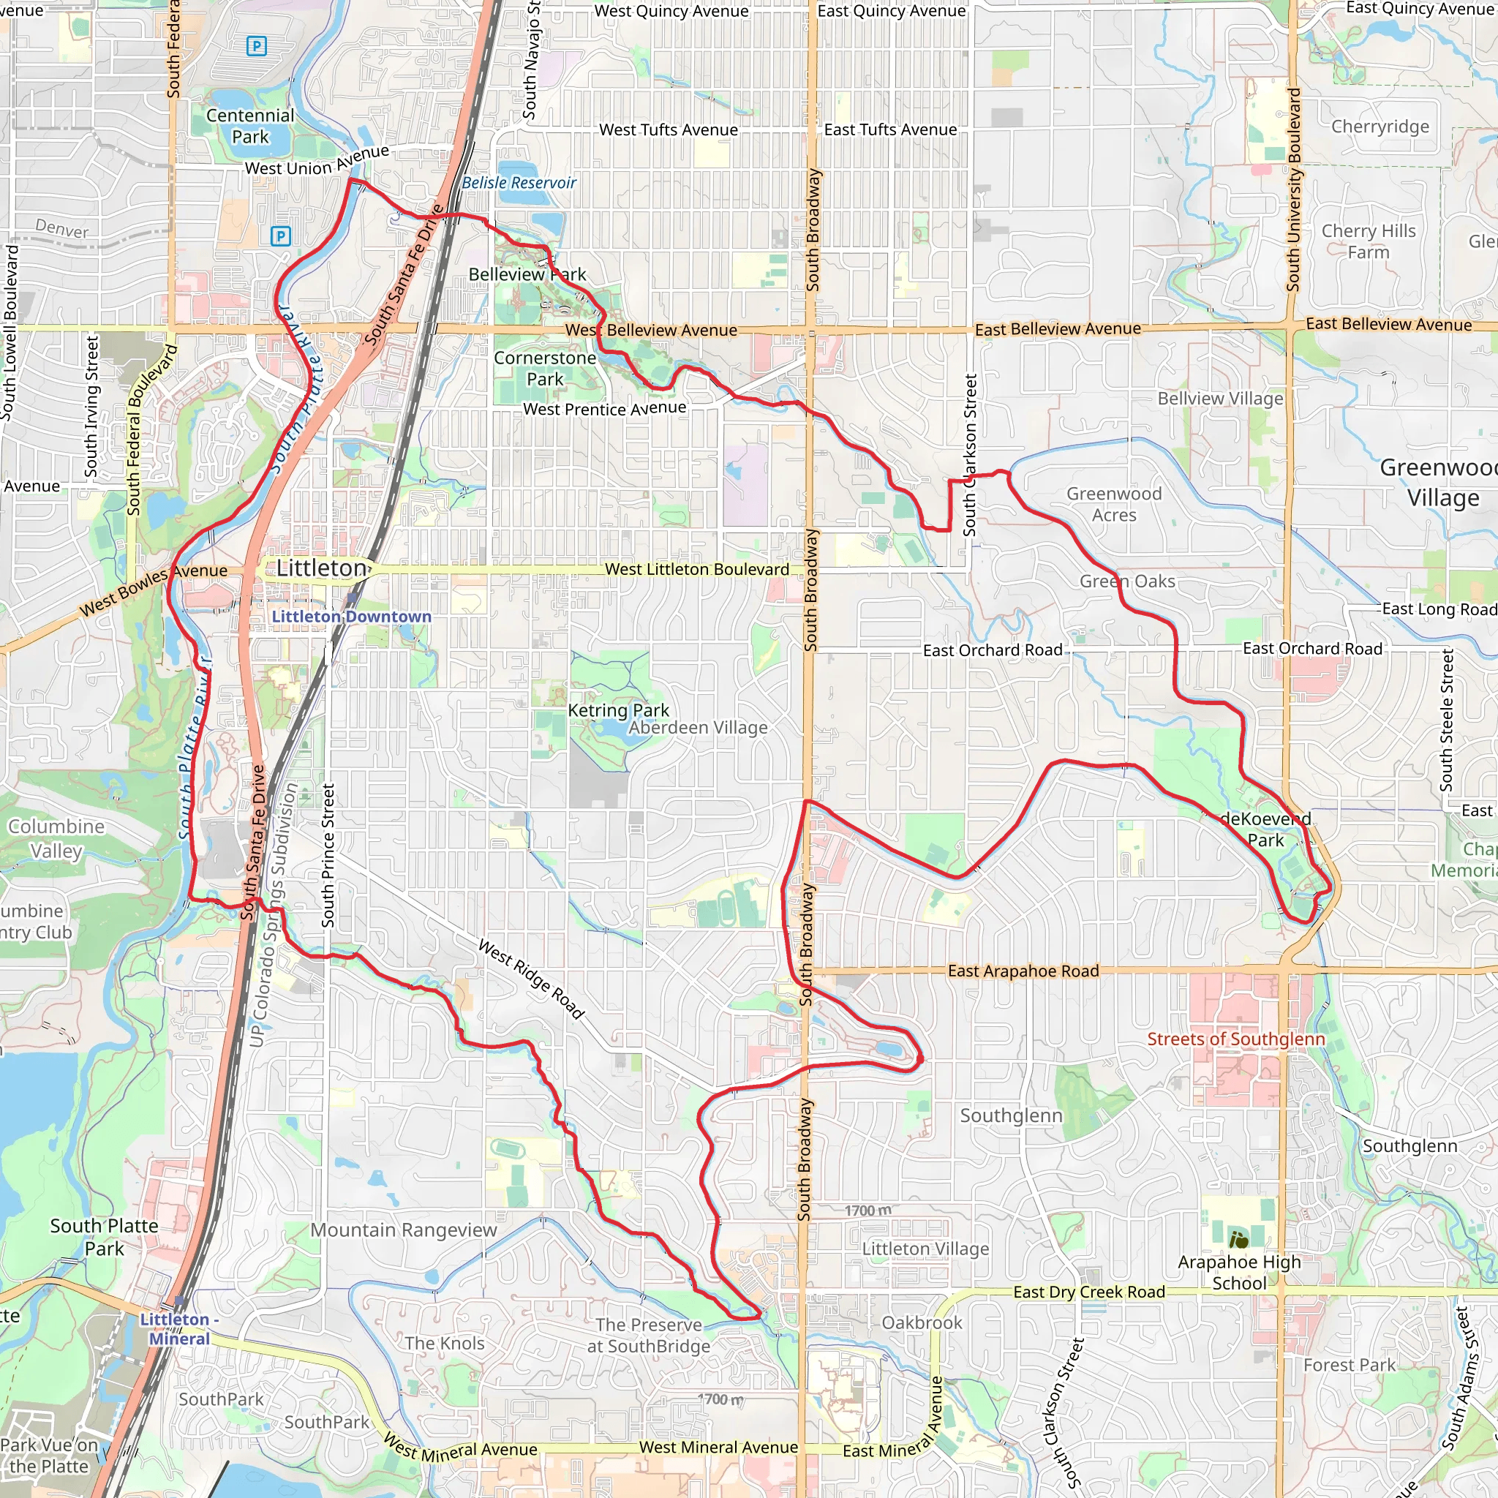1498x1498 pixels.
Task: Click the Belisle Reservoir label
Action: point(519,183)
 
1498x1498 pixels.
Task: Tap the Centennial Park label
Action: point(249,127)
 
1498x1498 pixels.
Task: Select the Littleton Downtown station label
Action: point(351,617)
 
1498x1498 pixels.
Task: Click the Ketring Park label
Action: point(618,710)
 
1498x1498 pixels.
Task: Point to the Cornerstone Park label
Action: point(545,369)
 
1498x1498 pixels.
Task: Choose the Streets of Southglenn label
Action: point(1236,1039)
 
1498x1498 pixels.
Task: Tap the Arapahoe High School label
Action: point(1239,1273)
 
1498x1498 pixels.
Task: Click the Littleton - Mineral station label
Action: point(180,1329)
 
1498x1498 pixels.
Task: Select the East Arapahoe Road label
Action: point(1023,971)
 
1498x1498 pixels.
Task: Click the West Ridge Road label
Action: point(531,979)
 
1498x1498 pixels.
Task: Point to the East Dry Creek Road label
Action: point(1088,1292)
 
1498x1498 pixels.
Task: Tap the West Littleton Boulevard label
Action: point(696,569)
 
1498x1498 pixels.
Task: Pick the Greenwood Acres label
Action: point(1114,504)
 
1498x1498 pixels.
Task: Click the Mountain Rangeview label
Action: point(403,1230)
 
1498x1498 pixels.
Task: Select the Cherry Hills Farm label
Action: point(1369,241)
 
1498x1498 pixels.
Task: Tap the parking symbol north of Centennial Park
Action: point(256,47)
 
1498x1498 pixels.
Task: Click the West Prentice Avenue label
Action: point(605,409)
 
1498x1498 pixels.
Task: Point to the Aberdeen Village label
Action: point(698,727)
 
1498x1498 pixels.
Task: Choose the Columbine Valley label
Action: point(56,838)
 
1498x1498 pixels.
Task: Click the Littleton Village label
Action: point(926,1249)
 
